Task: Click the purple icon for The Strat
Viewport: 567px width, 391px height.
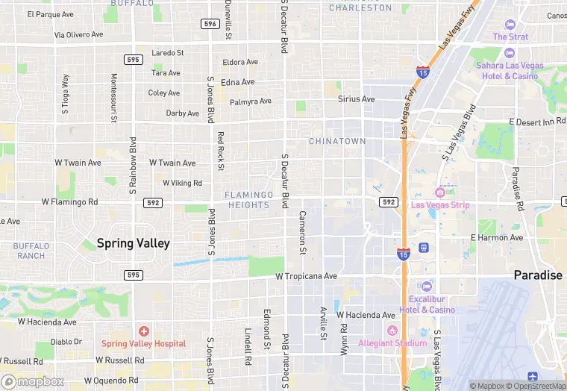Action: click(510, 25)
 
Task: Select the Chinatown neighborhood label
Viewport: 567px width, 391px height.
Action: click(337, 141)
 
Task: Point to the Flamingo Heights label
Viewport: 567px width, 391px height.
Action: click(248, 200)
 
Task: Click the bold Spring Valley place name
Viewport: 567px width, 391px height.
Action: click(133, 243)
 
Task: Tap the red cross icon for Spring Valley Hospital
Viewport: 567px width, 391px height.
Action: click(143, 331)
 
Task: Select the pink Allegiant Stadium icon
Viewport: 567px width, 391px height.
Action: click(391, 331)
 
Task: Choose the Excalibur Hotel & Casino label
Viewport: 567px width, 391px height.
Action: click(427, 304)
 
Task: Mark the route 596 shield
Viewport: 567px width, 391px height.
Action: click(210, 24)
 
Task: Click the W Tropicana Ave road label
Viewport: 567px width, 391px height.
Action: click(306, 276)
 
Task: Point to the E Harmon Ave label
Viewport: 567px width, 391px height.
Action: click(497, 238)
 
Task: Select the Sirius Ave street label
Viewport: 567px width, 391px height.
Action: click(356, 98)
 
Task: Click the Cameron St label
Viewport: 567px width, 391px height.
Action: click(303, 232)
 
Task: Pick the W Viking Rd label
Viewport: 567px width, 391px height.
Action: click(182, 183)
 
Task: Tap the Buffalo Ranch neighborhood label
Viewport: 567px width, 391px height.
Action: click(31, 251)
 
